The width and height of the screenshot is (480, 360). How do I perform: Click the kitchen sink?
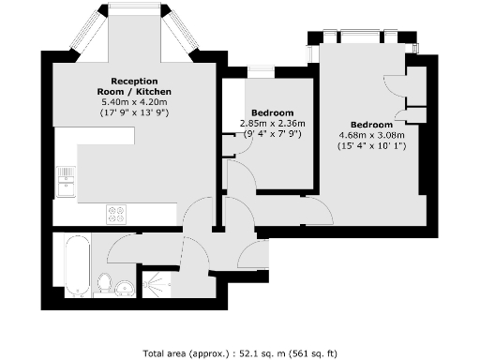click(x=67, y=180)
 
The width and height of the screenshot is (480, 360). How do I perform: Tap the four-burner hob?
click(x=117, y=215)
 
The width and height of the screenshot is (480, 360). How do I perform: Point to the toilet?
click(x=106, y=281)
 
